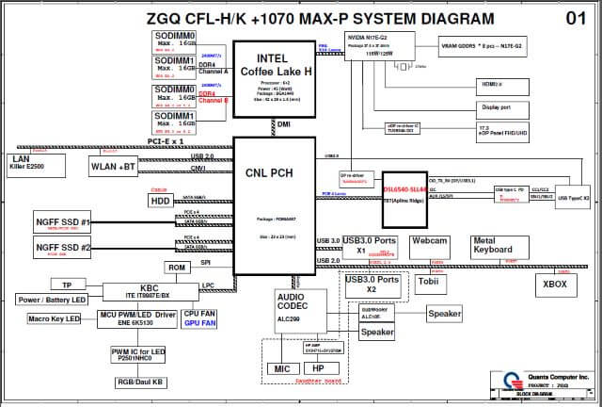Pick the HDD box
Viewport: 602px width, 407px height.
coord(160,201)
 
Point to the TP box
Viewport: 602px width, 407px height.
coord(67,285)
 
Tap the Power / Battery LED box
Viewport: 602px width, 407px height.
coord(52,300)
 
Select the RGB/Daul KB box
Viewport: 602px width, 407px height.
coord(141,383)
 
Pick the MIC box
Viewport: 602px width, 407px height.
coord(281,368)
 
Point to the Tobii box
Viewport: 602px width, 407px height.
coord(429,282)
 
